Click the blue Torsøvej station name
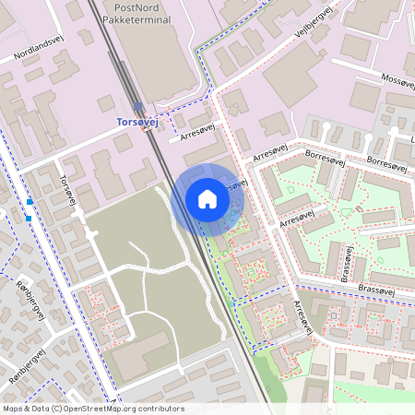(137, 121)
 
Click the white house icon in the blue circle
(207, 199)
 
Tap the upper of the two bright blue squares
(30, 201)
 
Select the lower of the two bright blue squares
(29, 218)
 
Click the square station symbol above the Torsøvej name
(138, 107)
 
